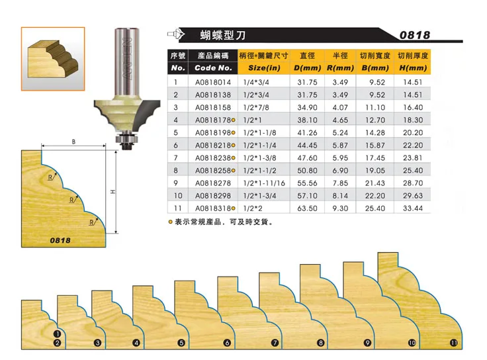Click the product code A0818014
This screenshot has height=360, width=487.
point(213,83)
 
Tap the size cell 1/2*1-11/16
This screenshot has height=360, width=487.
point(265,183)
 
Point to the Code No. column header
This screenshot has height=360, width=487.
point(213,68)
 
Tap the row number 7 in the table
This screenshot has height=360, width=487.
point(177,158)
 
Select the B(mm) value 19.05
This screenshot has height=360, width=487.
point(375,171)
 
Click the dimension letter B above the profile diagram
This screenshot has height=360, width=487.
point(73,142)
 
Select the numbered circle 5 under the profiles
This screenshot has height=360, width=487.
point(181,343)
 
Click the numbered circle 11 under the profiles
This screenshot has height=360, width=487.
point(453,343)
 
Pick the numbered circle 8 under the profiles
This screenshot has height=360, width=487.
point(320,343)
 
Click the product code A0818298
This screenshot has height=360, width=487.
point(213,196)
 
